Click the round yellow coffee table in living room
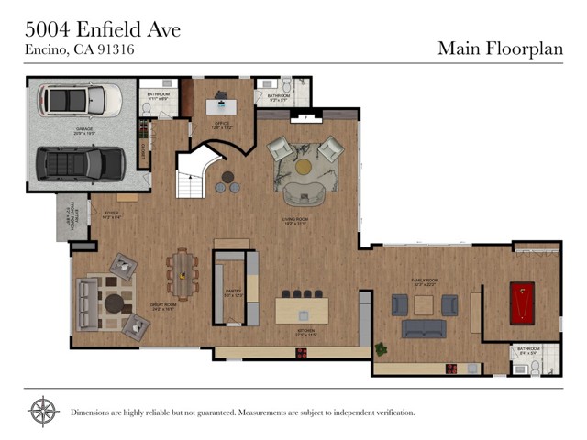(x=304, y=166)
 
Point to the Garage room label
(x=85, y=129)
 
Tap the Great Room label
(x=163, y=309)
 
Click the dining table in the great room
(x=182, y=274)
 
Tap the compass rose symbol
(x=43, y=412)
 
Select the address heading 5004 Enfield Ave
(x=102, y=29)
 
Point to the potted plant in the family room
(x=381, y=348)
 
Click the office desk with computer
(x=220, y=106)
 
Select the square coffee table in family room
(x=423, y=304)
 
